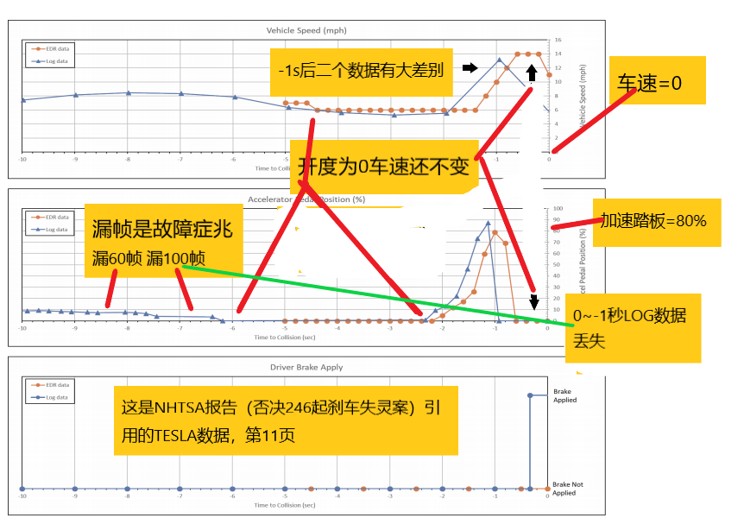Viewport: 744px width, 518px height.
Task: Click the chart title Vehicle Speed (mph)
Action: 306,30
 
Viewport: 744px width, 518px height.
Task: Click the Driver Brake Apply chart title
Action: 306,367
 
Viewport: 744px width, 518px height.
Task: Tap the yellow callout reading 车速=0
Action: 656,81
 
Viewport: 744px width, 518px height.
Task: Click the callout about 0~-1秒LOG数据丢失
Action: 631,327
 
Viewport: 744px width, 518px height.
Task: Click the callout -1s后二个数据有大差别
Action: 361,70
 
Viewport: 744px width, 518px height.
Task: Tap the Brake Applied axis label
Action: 564,395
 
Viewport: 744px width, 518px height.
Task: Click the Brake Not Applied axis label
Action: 566,489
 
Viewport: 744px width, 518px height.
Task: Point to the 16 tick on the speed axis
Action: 558,40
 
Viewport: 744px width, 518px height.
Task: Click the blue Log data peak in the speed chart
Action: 499,60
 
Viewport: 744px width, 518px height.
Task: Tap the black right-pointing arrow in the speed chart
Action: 470,67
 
